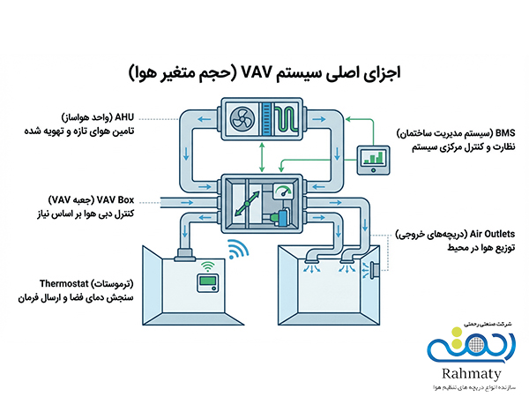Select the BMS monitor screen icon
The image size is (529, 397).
tap(376, 159)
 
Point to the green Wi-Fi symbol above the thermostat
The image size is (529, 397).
tap(205, 264)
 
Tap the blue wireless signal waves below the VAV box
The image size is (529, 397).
tap(235, 250)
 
